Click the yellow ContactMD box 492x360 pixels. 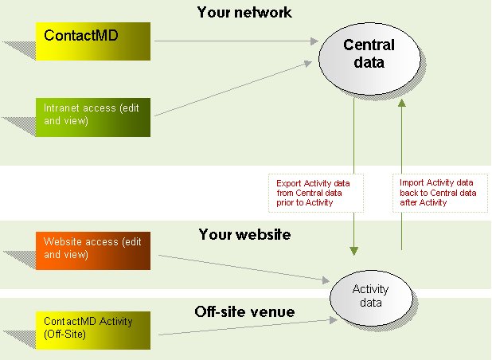click(x=93, y=41)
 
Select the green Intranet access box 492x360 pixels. click(x=93, y=117)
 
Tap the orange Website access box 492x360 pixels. click(x=93, y=251)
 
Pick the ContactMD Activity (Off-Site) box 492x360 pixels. click(x=93, y=331)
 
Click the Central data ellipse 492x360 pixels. click(x=369, y=58)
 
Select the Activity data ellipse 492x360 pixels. click(x=371, y=297)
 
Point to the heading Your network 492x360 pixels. click(x=244, y=13)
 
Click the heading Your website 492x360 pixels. click(x=244, y=234)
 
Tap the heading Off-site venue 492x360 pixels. click(x=244, y=311)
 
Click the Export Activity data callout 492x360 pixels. click(x=316, y=193)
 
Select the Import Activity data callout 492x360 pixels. click(x=440, y=193)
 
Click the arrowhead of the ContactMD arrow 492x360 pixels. click(x=314, y=41)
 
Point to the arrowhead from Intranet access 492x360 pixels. click(x=308, y=63)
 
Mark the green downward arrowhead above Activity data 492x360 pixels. click(x=354, y=251)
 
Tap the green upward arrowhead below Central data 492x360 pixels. click(x=402, y=104)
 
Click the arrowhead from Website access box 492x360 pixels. click(x=326, y=280)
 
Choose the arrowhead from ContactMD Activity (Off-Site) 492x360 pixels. click(x=334, y=320)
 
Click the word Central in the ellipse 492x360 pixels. click(x=369, y=45)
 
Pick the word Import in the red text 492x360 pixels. click(x=412, y=183)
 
